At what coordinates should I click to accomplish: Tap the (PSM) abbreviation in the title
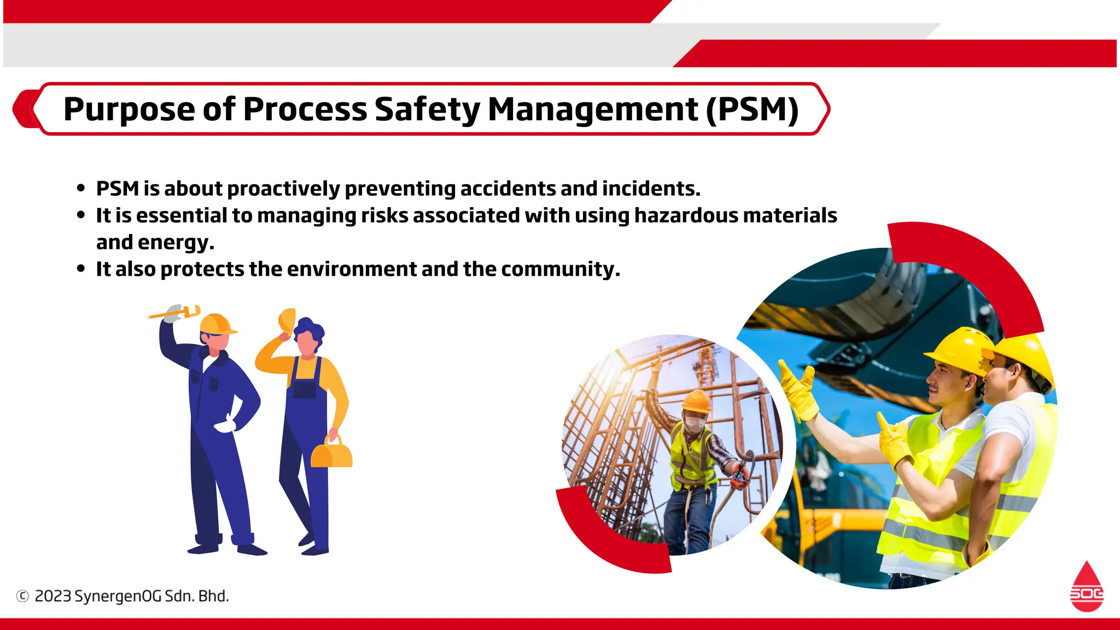(x=752, y=109)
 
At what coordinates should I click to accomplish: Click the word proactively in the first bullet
(x=283, y=189)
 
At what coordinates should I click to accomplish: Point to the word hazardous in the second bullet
(x=685, y=215)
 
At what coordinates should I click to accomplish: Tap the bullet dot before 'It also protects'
(x=81, y=269)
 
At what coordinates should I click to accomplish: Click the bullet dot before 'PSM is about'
(x=81, y=189)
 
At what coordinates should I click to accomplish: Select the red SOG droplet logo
(x=1087, y=587)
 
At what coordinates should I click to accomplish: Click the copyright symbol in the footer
(x=22, y=596)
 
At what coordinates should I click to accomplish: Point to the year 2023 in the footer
(x=52, y=596)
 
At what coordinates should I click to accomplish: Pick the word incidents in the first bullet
(x=651, y=189)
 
